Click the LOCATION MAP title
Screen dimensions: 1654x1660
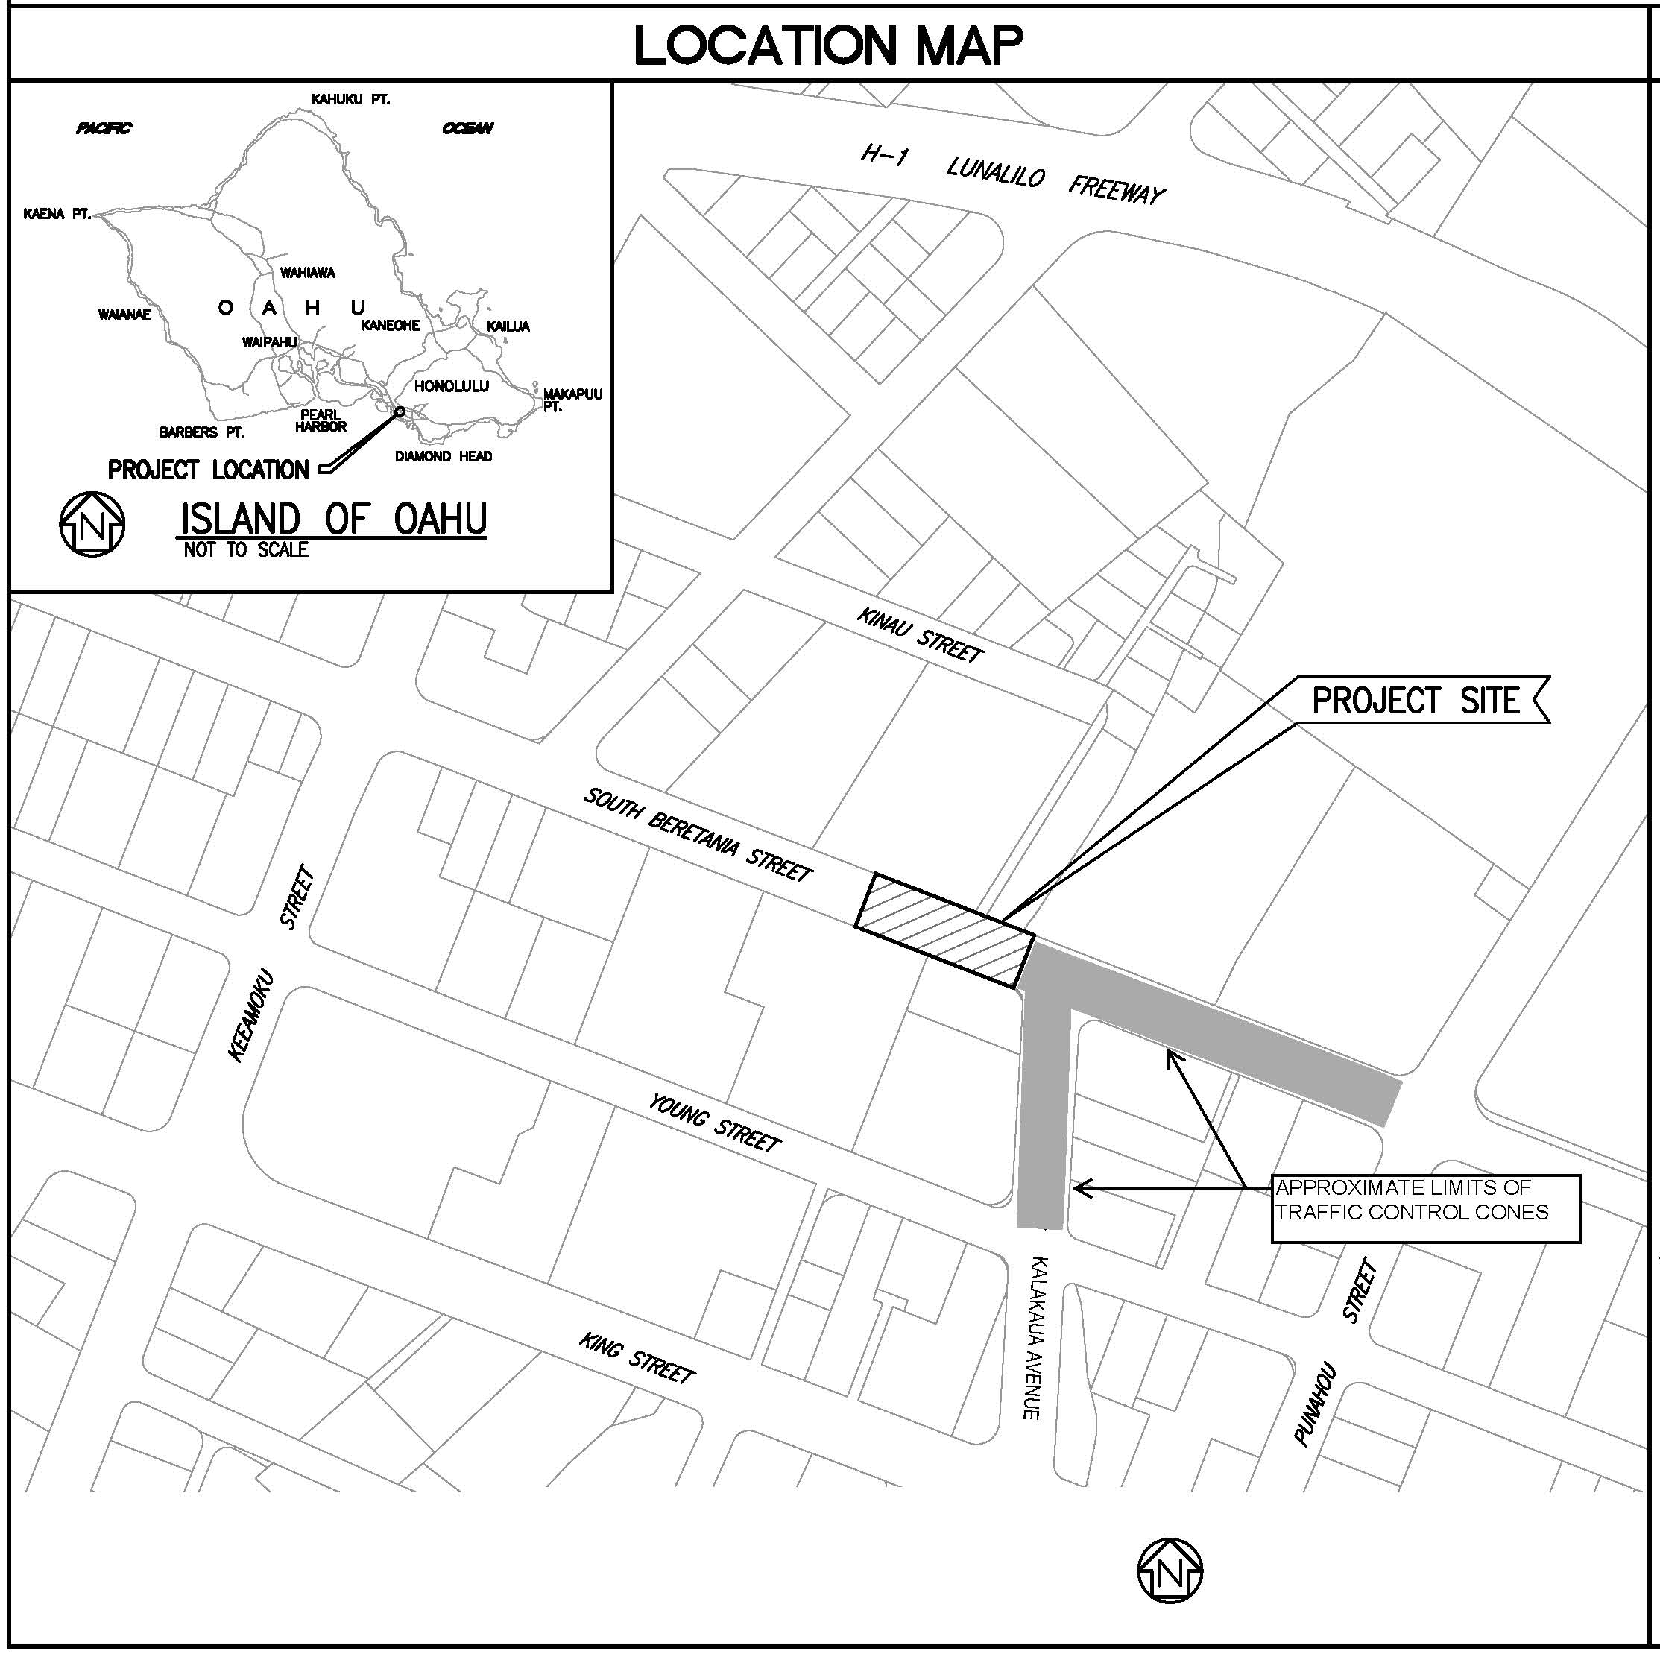tap(828, 45)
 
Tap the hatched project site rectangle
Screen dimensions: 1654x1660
tap(944, 929)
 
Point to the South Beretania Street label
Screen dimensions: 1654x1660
tap(698, 834)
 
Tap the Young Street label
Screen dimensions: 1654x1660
tap(715, 1122)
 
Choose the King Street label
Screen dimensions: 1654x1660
tap(637, 1358)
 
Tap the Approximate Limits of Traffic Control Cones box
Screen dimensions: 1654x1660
tap(1424, 1208)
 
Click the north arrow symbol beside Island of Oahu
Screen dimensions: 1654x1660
tap(92, 524)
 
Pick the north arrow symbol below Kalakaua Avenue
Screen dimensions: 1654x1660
tap(1170, 1570)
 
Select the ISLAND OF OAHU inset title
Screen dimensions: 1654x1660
tap(333, 518)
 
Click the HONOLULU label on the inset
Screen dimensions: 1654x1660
tap(451, 386)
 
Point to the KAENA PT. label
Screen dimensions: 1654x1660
tap(57, 214)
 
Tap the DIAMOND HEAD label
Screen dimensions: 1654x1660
tap(444, 456)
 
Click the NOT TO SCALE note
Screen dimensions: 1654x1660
tap(246, 550)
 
